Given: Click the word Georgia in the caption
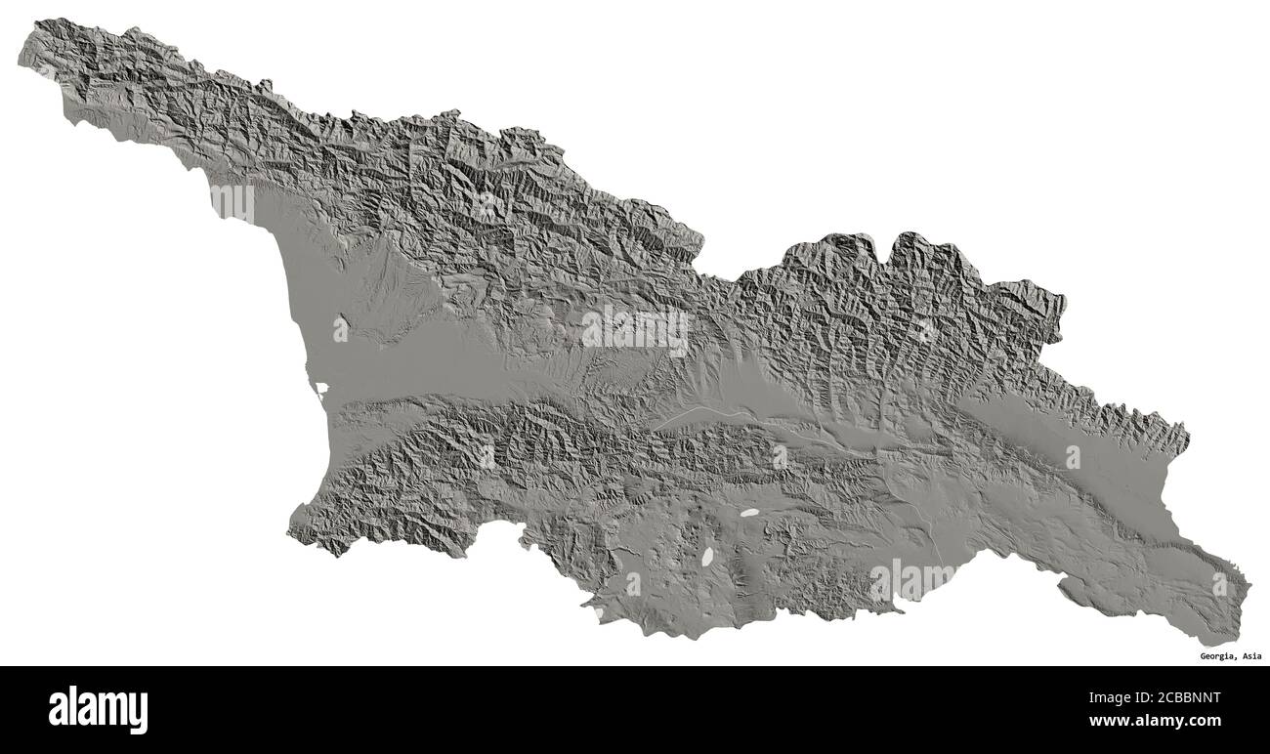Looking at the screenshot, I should point(1217,656).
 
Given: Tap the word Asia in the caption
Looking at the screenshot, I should point(1251,656).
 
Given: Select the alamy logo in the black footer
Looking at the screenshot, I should point(98,709).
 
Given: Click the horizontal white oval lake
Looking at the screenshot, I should point(750,511).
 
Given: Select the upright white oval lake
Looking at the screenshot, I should point(706,557).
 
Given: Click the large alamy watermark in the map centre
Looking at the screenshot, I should point(634,330).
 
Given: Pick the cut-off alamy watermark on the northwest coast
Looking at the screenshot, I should point(233,203).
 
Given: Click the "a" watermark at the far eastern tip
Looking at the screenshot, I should point(1219,584).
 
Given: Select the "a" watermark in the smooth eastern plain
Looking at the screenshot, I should point(1073,456).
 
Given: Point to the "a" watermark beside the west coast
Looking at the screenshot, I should point(340,328).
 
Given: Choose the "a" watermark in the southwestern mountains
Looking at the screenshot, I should point(487,455).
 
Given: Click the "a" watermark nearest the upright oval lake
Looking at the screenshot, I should point(633,583).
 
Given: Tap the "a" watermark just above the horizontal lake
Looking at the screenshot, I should point(780,456).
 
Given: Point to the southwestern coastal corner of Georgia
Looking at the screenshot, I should point(290,532).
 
